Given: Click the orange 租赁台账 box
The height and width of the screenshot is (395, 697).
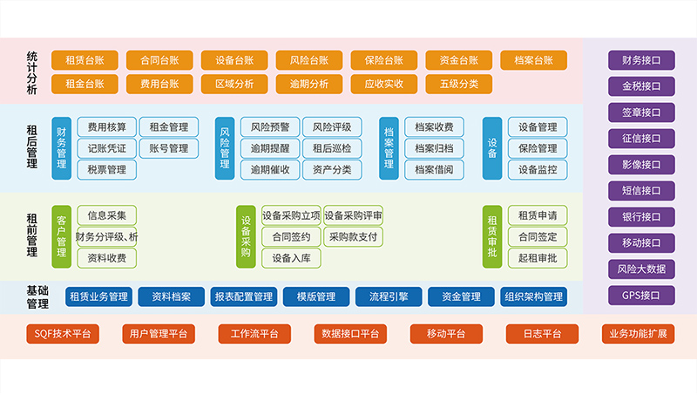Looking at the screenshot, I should coord(85,60).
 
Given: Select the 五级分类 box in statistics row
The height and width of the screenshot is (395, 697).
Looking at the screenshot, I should coord(458,84).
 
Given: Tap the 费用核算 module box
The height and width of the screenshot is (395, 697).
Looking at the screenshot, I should coord(106,127).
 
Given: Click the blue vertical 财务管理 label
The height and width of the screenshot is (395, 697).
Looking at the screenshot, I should coord(61,147).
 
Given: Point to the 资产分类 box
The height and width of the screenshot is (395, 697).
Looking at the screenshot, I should coord(332,169).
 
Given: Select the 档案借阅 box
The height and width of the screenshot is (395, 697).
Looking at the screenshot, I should coord(433,169).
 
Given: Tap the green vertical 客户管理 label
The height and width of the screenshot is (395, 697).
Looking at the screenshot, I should coord(61,235).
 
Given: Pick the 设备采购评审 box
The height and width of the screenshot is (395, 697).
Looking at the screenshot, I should coord(353,215).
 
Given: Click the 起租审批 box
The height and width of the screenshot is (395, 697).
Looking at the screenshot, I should coord(538,257).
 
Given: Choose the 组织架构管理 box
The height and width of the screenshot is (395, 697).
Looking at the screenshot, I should coord(533,296).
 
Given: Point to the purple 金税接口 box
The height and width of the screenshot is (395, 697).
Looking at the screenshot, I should coord(641,86).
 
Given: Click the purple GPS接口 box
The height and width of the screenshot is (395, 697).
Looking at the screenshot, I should coord(641,296).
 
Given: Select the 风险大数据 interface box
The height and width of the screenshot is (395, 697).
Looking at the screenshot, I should coord(641,269).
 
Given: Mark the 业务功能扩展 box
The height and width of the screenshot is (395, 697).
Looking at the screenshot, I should coord(641,334).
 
